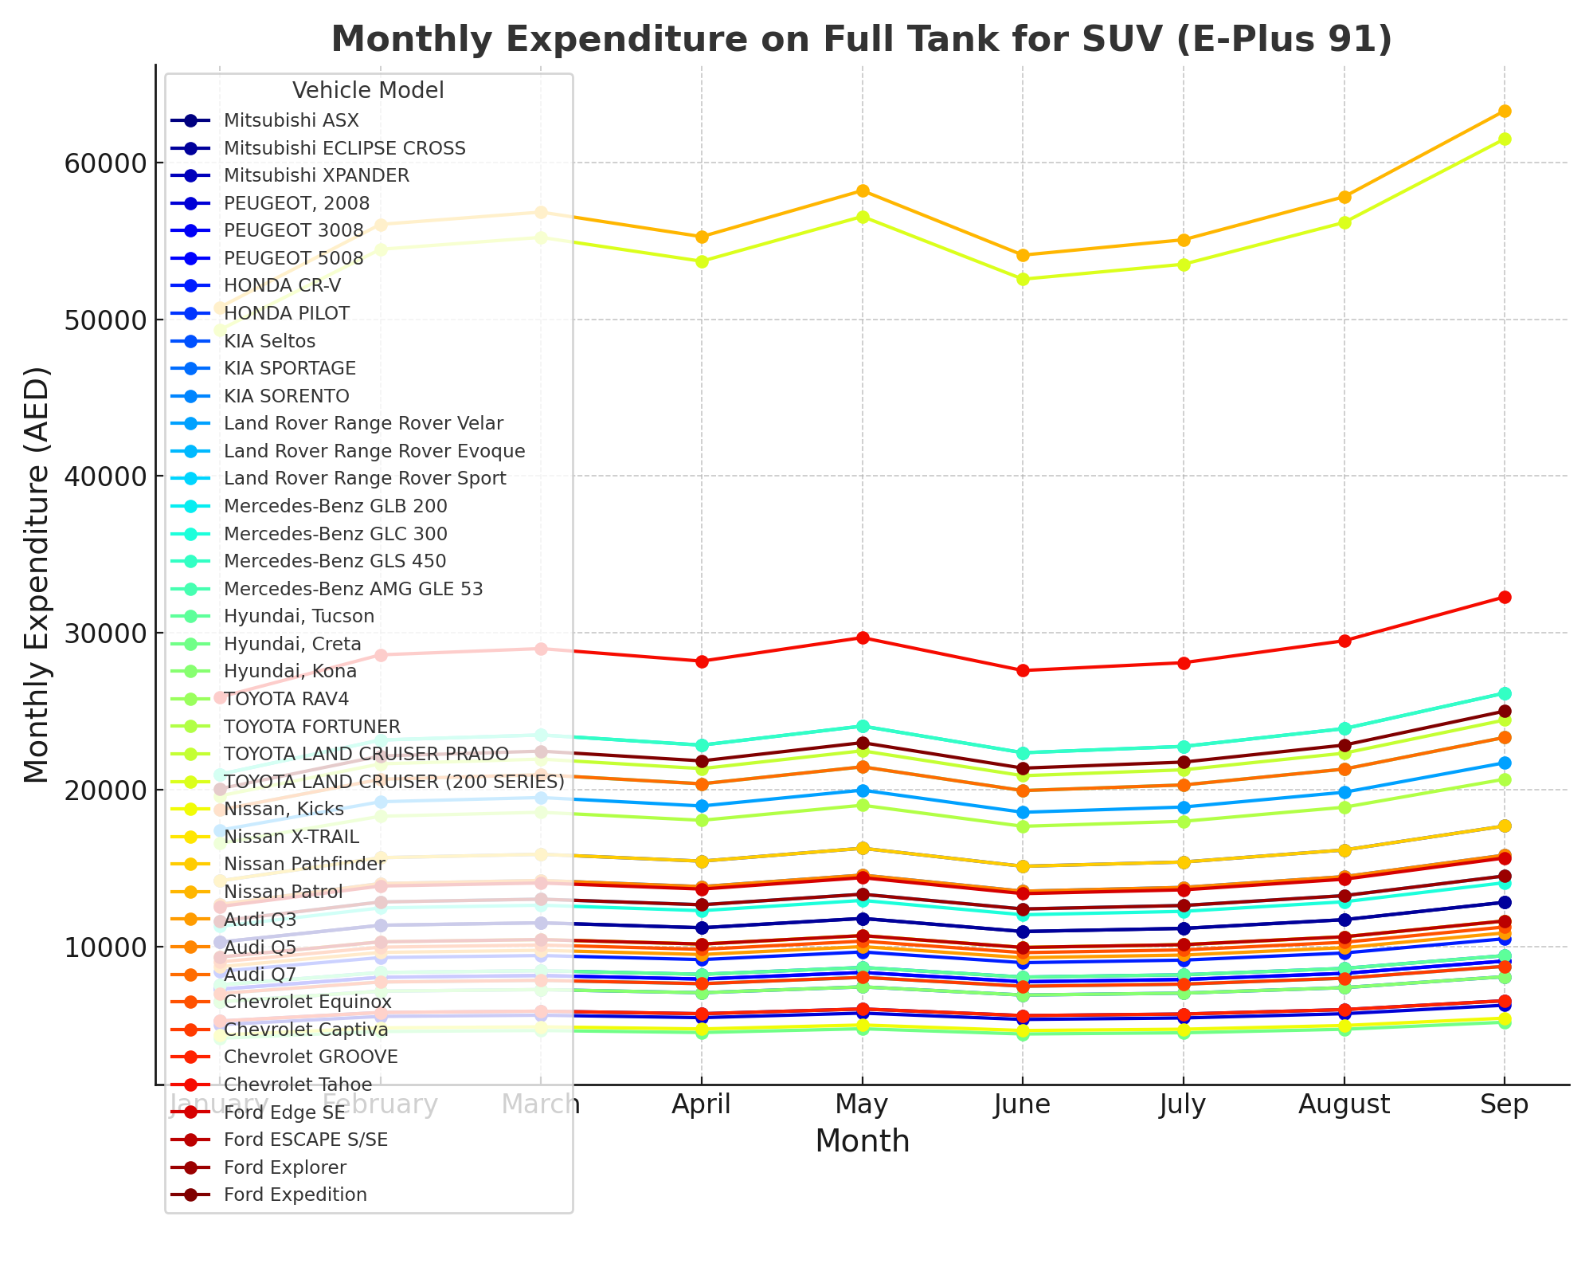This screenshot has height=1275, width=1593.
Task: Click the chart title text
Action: coord(862,39)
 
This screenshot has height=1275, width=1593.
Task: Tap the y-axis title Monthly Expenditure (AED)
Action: coord(37,575)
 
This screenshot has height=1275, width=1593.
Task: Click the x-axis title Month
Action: coord(862,1141)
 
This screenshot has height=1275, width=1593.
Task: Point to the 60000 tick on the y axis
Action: coord(100,163)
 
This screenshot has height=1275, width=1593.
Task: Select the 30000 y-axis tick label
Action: coord(100,634)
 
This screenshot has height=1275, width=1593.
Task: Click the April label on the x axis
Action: coord(701,1104)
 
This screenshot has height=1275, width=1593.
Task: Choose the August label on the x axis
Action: coord(1344,1104)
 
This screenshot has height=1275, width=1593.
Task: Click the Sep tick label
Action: coord(1504,1104)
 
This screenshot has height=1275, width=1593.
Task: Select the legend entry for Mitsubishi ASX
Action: coord(291,120)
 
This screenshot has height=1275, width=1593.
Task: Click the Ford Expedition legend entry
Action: coord(295,1195)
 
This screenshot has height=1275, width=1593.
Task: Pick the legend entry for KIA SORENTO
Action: coord(286,396)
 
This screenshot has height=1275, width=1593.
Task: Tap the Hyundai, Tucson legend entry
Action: coord(299,616)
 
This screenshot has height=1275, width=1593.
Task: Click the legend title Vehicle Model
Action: coord(368,90)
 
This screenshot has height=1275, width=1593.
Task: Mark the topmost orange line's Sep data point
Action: coord(1505,111)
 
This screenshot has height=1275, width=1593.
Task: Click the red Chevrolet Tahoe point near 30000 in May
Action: coord(862,637)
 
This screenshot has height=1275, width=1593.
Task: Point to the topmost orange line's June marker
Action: coord(1023,256)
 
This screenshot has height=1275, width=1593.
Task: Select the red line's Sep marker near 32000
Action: coord(1505,597)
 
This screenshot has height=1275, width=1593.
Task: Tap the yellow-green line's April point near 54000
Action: coord(702,261)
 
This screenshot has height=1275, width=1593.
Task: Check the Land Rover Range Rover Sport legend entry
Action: coord(365,478)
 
